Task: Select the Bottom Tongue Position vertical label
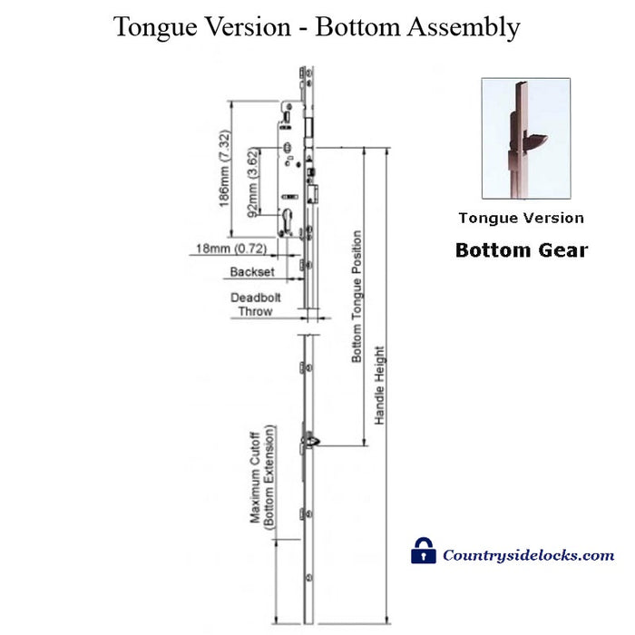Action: [x=357, y=298]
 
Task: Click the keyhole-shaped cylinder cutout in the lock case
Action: [x=288, y=220]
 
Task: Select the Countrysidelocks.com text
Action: [x=528, y=555]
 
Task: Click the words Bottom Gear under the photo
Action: [x=521, y=249]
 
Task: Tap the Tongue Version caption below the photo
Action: [x=521, y=218]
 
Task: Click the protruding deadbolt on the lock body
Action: [x=317, y=191]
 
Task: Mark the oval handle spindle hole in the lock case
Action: [x=288, y=149]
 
